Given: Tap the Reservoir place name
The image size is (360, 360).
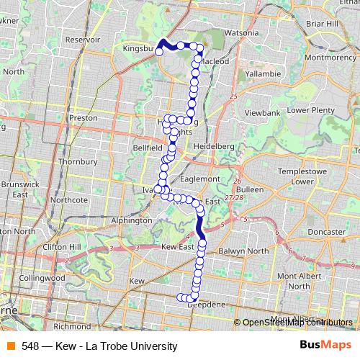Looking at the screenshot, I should pos(82,40).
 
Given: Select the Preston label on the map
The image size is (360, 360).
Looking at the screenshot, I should pos(83,117).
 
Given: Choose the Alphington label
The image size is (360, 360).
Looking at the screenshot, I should pos(131,220).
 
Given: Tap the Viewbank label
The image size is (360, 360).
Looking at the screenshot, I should pos(261,114).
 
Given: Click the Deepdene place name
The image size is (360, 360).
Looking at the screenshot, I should pos(207,305).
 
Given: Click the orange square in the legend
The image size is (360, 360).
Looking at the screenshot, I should pos(10,346).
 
